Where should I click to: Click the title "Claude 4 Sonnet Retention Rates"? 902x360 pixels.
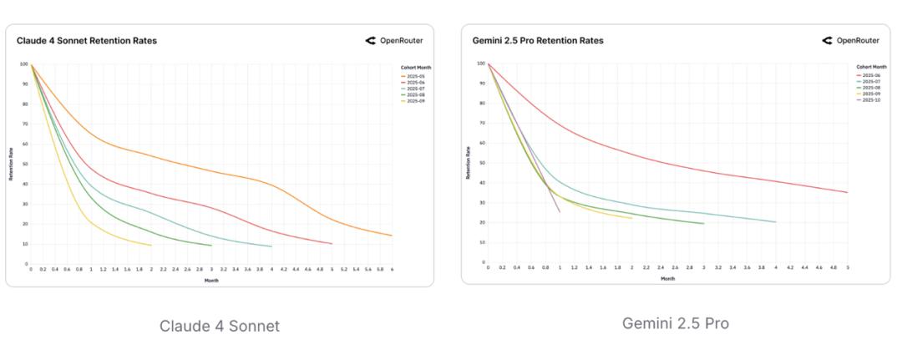(87, 40)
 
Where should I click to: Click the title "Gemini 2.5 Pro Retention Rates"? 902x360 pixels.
(538, 40)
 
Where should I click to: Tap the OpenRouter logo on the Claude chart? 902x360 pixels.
(394, 40)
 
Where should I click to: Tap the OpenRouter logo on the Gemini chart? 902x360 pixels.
(850, 40)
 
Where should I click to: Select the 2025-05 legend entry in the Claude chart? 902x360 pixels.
(415, 76)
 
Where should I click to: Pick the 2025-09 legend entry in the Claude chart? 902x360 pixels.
(415, 101)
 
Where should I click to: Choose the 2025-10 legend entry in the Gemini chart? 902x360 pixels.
(871, 99)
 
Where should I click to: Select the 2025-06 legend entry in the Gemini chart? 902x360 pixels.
(871, 75)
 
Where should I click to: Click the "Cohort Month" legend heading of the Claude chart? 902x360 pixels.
(416, 68)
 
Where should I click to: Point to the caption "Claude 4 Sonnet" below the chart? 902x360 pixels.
(220, 326)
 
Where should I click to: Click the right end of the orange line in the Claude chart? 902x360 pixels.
(392, 236)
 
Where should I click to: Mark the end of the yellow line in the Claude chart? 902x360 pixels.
(151, 245)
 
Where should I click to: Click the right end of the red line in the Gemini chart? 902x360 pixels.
(848, 193)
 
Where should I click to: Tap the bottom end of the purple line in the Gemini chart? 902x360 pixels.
(560, 212)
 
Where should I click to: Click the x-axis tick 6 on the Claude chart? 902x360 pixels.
(392, 269)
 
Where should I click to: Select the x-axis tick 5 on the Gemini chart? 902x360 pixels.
(848, 267)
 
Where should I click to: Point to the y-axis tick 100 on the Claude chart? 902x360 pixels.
(23, 64)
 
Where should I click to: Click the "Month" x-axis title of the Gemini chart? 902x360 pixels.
(668, 278)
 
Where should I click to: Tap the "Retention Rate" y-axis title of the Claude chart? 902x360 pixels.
(11, 164)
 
